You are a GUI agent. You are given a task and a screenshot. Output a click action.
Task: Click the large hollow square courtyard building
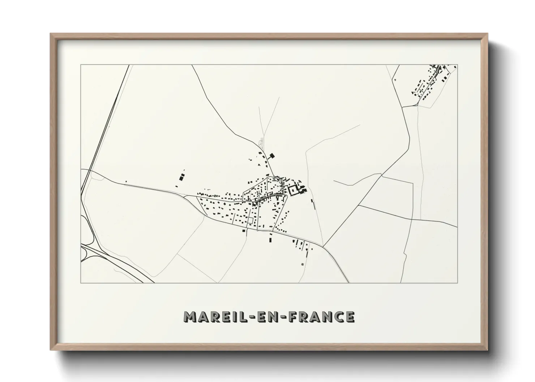294,190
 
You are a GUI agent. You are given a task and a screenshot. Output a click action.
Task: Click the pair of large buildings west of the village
182,177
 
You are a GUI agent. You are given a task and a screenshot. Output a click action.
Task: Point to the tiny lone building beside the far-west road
126,182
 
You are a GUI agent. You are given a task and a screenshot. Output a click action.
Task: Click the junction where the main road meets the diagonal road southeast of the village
323,247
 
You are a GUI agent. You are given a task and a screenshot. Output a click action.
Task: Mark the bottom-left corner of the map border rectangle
81,283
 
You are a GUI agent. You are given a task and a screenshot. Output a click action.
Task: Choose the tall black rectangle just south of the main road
270,239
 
